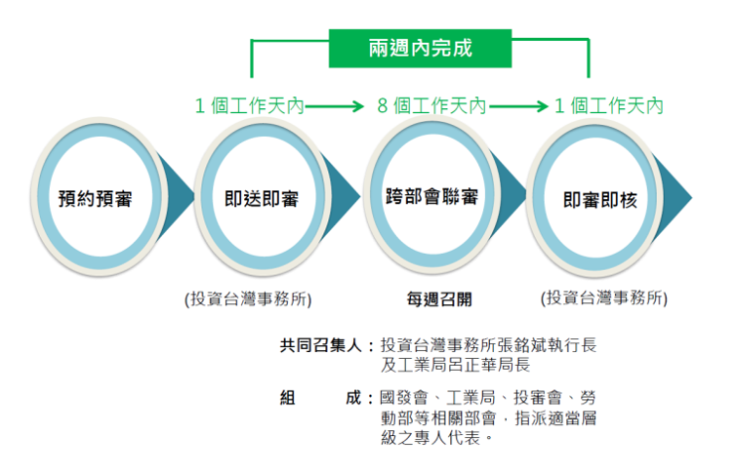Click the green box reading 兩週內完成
pos(421,47)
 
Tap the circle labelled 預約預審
pos(96,200)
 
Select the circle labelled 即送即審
pos(263,200)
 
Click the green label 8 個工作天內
pos(431,105)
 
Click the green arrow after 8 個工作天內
pos(517,105)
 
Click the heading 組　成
pos(321,398)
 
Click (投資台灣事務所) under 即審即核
pos(604,297)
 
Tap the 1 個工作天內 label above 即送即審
pos(249,105)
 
